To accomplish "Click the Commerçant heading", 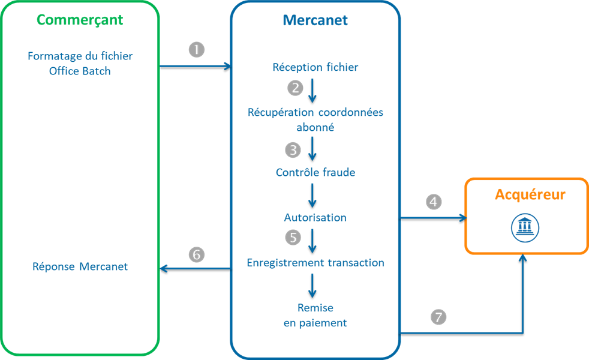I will click(80, 20).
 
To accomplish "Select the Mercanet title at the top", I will click(315, 20).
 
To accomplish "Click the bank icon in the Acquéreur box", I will click(525, 227).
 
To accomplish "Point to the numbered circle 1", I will click(196, 50).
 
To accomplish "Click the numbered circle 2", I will click(295, 88).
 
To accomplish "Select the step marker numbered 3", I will click(293, 149).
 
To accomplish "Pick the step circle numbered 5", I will click(293, 238).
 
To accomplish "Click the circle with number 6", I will click(196, 254).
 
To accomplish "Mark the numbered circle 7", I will click(439, 317).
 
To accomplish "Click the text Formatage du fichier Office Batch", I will click(80, 63).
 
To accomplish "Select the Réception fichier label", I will click(315, 67).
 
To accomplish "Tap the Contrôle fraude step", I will click(315, 172).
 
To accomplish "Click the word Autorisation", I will click(315, 217).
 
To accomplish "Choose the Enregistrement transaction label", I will click(315, 263).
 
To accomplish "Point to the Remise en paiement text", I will click(315, 315).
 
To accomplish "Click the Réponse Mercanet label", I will click(80, 266).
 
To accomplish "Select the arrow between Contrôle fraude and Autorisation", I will click(312, 195).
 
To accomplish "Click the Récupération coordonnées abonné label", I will click(315, 119).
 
